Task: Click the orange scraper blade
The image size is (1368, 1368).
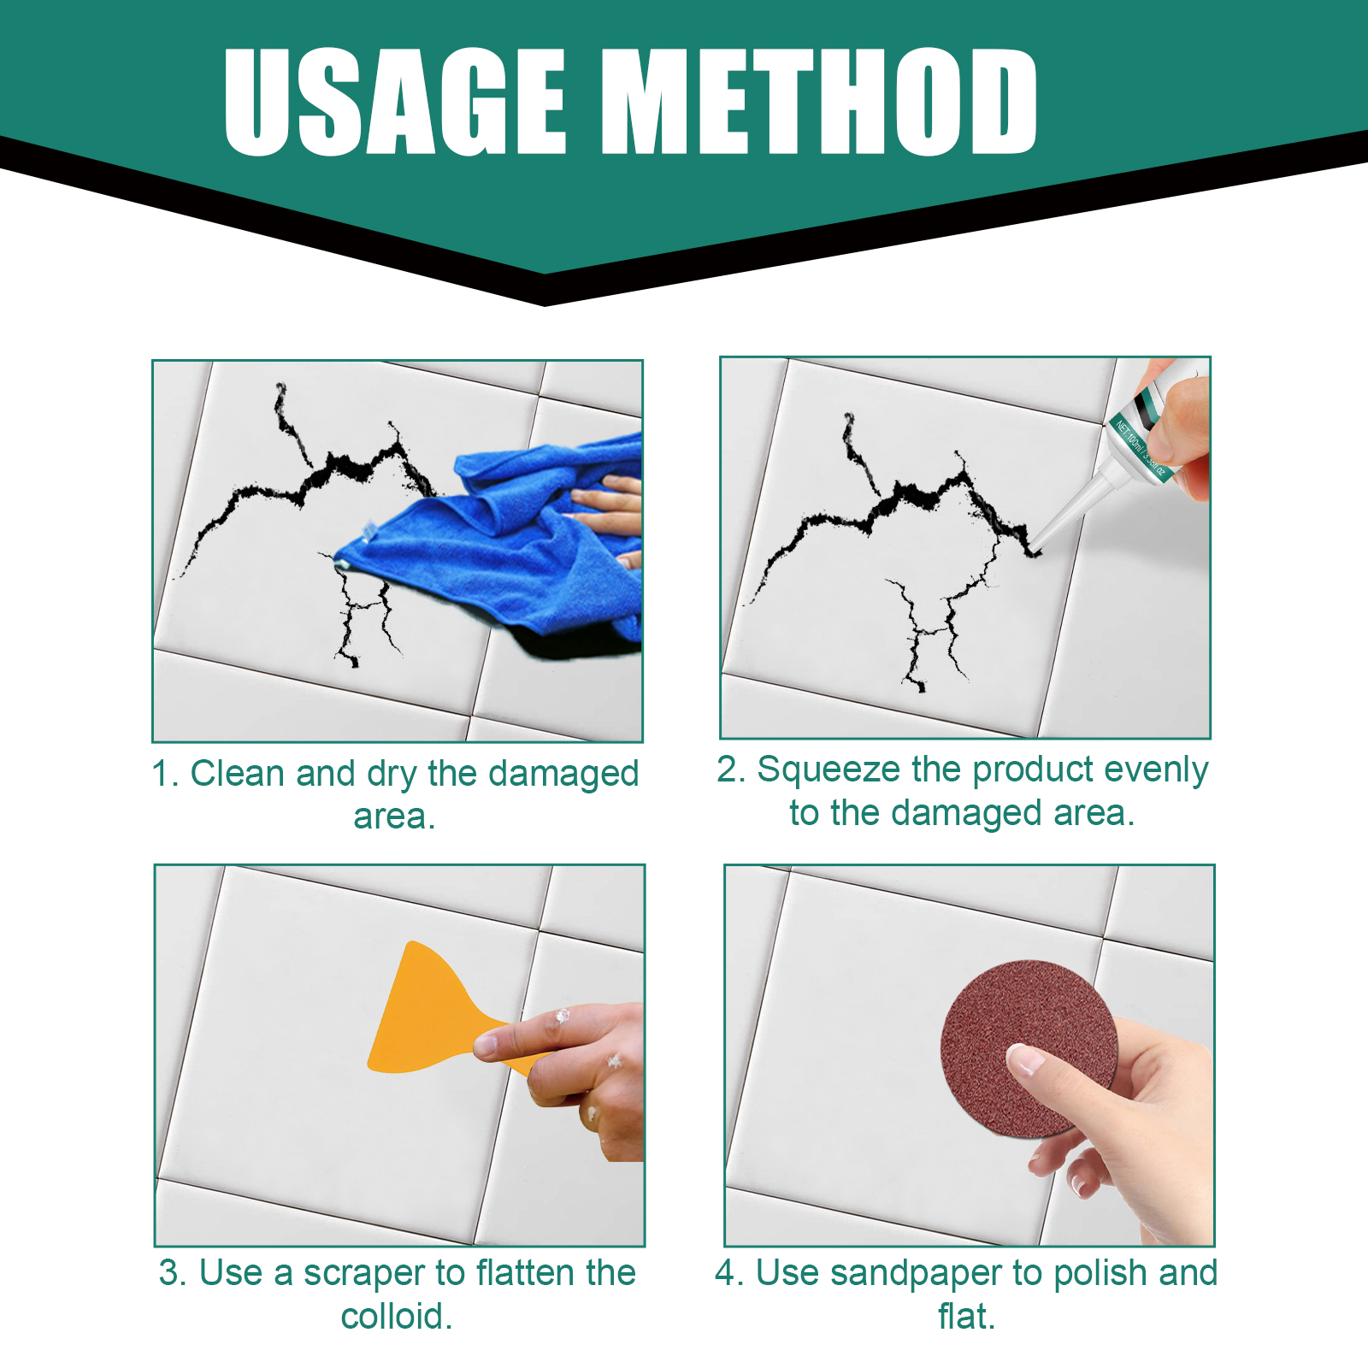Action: click(427, 1013)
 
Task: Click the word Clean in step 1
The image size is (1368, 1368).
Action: click(237, 774)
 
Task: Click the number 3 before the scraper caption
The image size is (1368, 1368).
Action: click(172, 1273)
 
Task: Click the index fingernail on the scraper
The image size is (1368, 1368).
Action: click(486, 1044)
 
